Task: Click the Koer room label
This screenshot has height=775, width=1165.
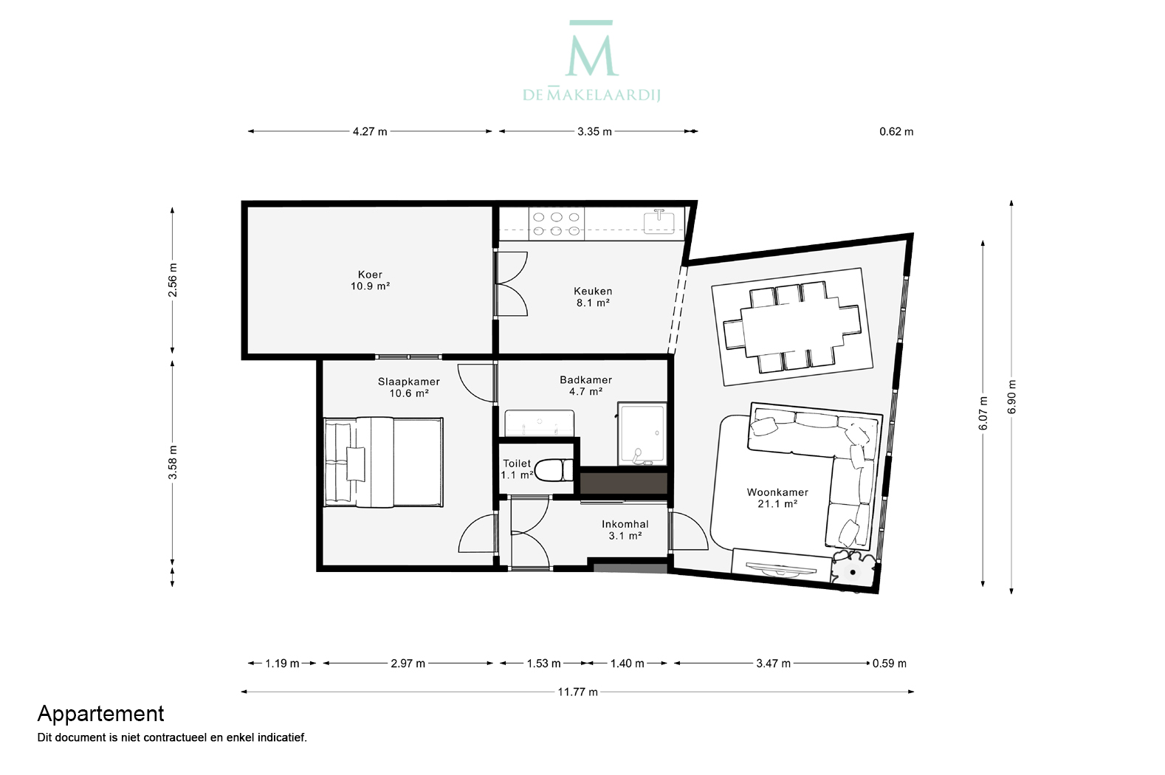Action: [370, 280]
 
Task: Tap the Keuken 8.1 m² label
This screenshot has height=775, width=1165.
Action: [592, 297]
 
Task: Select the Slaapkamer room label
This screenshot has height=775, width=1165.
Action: [409, 387]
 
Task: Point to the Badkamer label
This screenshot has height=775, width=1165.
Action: [585, 385]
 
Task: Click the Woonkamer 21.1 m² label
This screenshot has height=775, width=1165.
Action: [777, 497]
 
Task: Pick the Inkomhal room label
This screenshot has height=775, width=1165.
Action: [625, 529]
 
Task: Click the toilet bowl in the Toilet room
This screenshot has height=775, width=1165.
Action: [554, 470]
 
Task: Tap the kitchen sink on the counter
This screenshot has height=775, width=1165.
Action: [659, 222]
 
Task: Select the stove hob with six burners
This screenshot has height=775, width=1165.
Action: [557, 224]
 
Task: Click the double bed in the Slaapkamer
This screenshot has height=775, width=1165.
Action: [383, 462]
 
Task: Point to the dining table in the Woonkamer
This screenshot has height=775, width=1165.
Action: [791, 327]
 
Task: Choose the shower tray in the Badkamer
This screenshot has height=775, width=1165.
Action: [642, 434]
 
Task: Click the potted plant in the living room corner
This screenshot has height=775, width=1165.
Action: [853, 571]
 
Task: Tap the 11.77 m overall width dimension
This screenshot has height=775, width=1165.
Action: [577, 692]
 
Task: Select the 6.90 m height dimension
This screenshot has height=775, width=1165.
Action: [1011, 397]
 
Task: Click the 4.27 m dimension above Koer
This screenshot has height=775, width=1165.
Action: [370, 131]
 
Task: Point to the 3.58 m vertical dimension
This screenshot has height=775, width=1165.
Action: [173, 462]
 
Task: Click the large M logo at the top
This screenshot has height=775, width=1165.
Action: [591, 49]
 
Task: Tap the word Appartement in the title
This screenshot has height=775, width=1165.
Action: [101, 714]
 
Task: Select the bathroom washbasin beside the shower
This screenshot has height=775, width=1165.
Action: [540, 423]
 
